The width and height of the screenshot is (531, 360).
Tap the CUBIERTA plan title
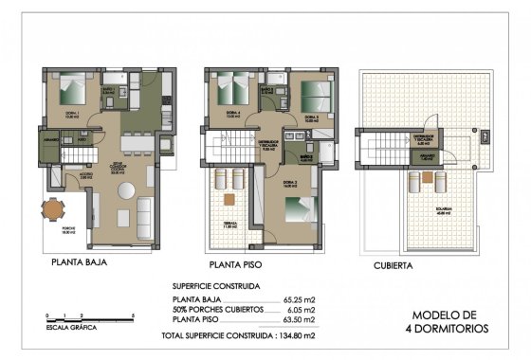(x=393, y=266)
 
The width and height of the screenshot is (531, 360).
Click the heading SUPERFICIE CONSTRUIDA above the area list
(x=215, y=285)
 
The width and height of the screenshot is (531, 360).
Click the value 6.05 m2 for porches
(x=301, y=311)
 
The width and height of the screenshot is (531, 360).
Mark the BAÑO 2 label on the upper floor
(x=268, y=91)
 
